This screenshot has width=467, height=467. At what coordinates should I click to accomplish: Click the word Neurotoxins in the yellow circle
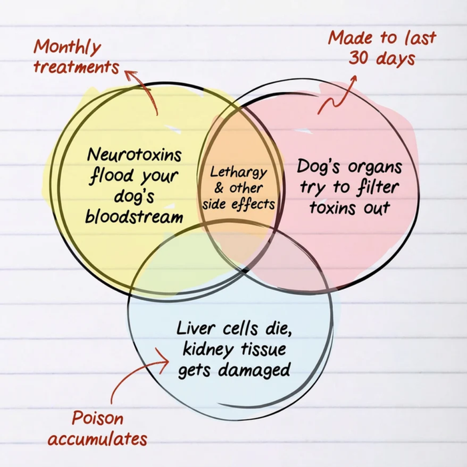[x=134, y=155]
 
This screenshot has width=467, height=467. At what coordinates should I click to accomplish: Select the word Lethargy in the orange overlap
[x=238, y=173]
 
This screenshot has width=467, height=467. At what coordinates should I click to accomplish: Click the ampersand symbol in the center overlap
[x=219, y=188]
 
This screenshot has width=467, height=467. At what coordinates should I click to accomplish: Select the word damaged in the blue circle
[x=254, y=370]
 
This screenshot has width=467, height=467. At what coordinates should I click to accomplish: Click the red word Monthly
[x=67, y=47]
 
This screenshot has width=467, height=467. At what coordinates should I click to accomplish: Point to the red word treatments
[x=76, y=67]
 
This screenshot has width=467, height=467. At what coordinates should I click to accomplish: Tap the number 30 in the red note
[x=359, y=57]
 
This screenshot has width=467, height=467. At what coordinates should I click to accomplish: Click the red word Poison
[x=97, y=418]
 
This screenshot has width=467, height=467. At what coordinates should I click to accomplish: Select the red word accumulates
[x=97, y=439]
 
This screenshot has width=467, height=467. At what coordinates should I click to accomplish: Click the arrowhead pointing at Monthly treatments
[x=130, y=75]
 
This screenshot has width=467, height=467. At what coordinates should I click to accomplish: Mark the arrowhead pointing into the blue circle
[x=164, y=360]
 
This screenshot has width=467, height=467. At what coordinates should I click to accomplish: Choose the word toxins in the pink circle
[x=333, y=207]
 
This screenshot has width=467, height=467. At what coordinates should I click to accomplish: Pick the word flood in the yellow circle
[x=111, y=176]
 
